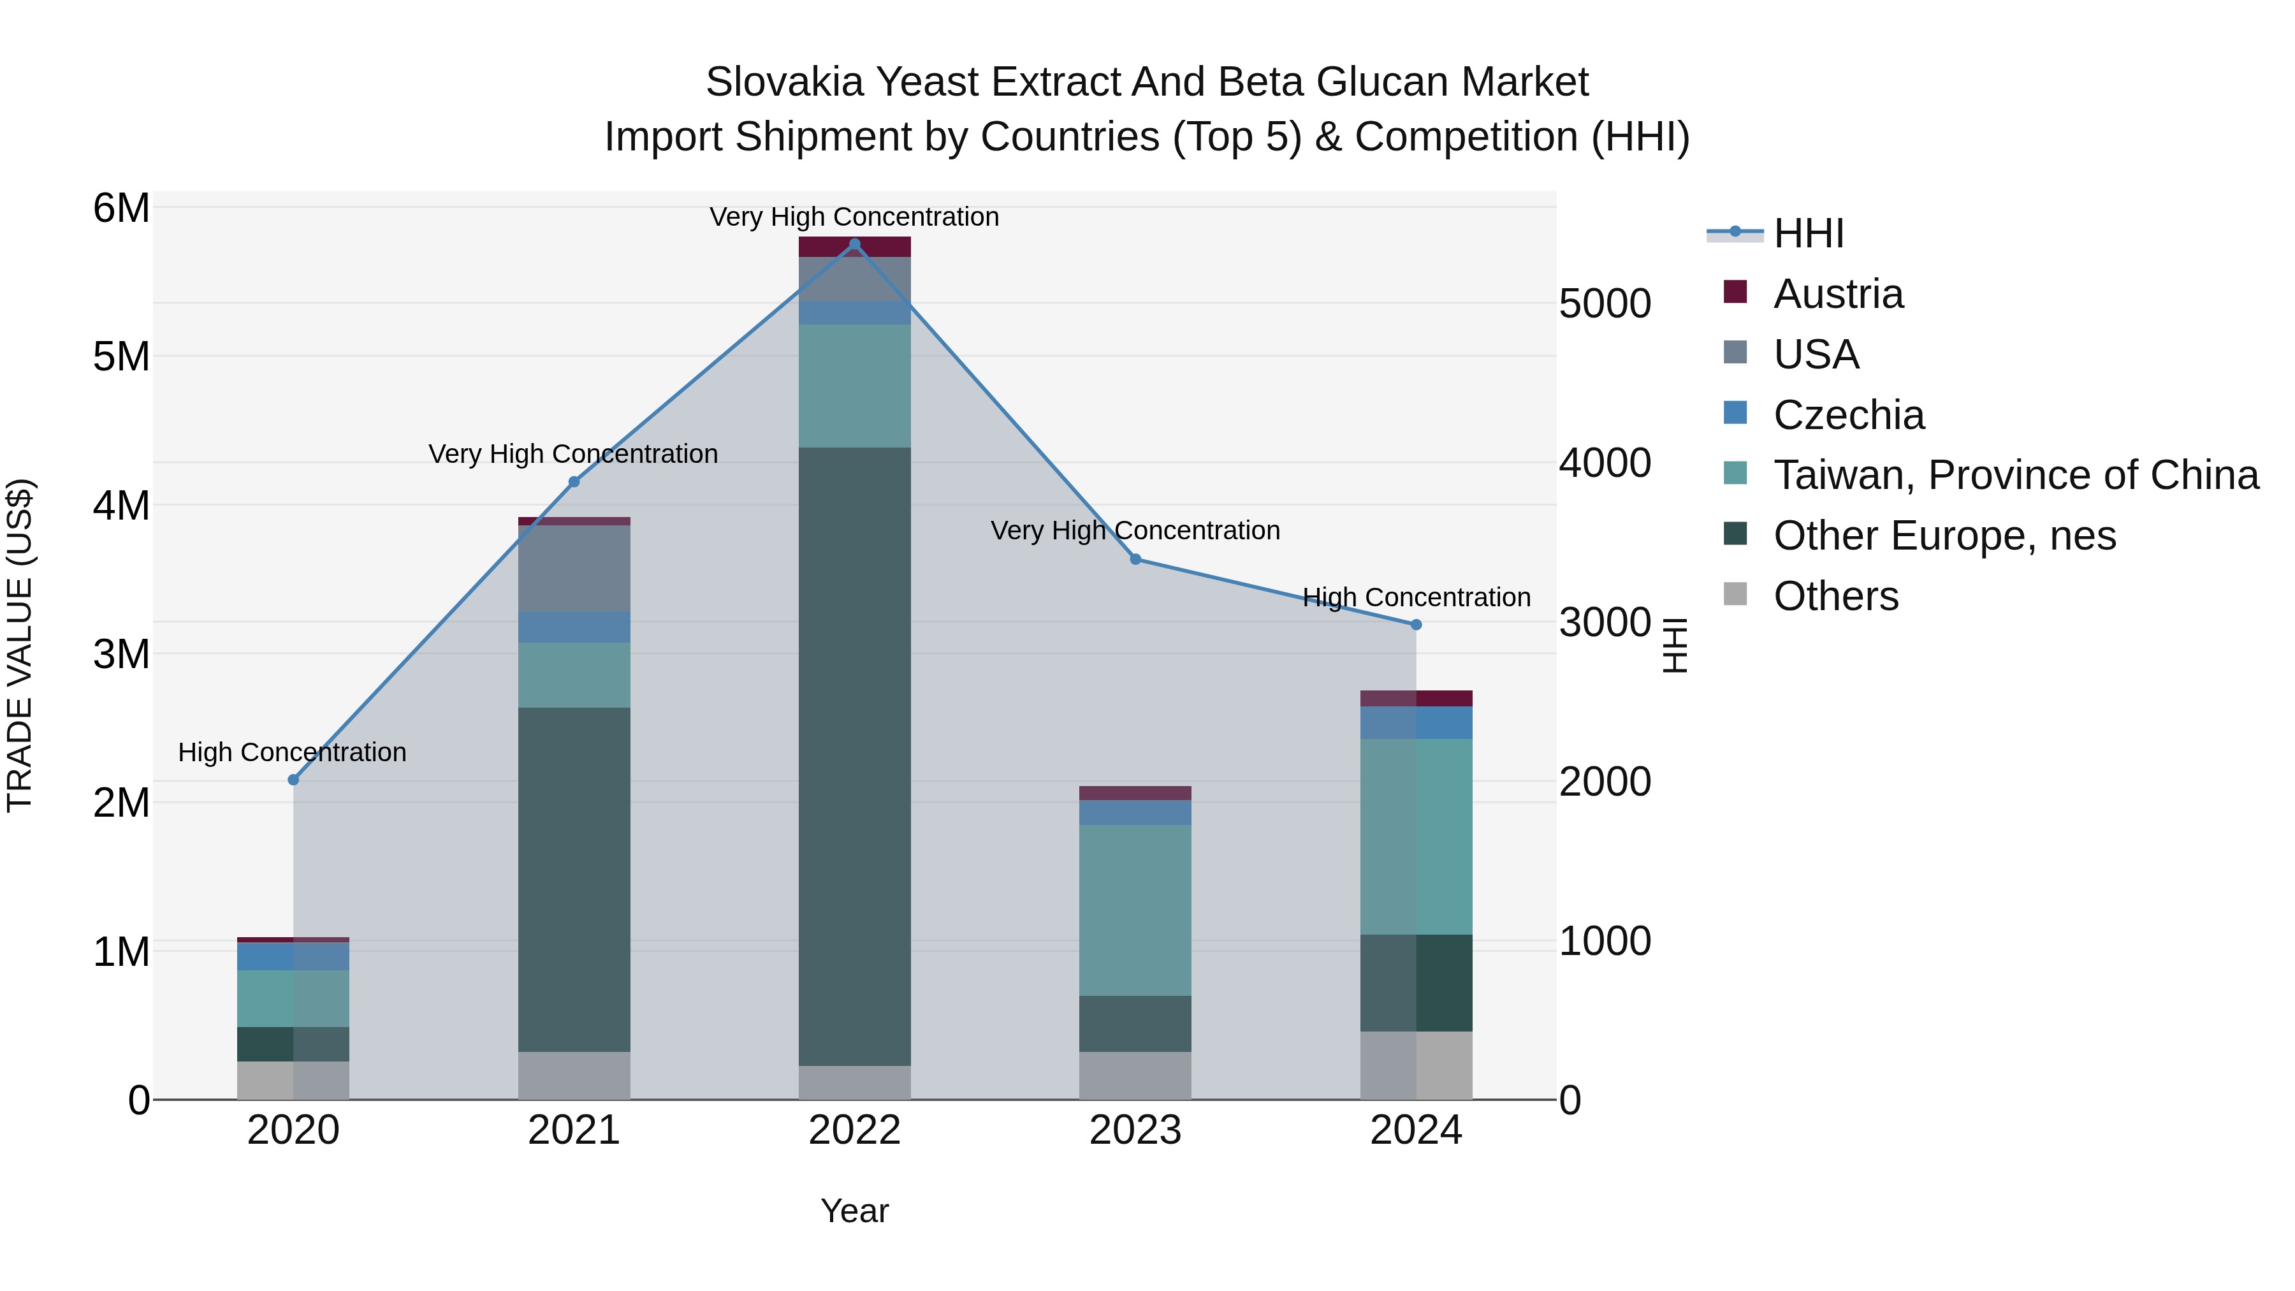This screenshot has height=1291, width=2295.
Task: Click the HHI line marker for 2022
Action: [x=854, y=244]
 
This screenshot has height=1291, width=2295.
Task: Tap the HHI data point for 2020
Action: [x=293, y=780]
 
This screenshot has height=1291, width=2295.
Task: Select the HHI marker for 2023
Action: [x=1135, y=560]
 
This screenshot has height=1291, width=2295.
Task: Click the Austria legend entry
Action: [x=1837, y=294]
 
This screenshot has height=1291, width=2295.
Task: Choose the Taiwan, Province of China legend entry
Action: [x=2015, y=475]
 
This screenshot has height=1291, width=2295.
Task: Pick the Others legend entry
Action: [x=1835, y=596]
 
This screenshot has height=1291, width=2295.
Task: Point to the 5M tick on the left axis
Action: [x=121, y=356]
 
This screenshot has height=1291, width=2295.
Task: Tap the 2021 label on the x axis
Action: [x=574, y=1130]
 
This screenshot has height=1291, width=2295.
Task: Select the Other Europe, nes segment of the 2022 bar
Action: [x=854, y=757]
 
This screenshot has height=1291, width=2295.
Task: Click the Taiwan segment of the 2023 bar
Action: [x=1135, y=908]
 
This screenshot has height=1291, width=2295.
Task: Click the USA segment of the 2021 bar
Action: [x=574, y=569]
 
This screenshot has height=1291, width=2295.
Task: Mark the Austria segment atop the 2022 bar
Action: [x=854, y=247]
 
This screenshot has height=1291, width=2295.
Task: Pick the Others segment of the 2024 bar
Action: [x=1416, y=1065]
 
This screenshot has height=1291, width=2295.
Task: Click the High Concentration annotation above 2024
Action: [x=1416, y=597]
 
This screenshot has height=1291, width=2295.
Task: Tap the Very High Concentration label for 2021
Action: [x=573, y=453]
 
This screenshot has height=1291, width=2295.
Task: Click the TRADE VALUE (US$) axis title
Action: [x=20, y=645]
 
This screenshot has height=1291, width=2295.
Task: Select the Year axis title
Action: [x=854, y=1211]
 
